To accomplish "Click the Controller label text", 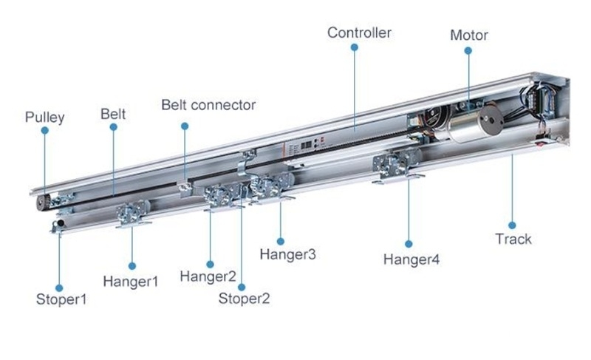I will (359, 33).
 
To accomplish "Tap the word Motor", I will (469, 35).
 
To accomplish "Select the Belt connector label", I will (208, 105).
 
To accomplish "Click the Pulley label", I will (45, 118).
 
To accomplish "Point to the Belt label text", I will (113, 114).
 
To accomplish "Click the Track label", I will (513, 240).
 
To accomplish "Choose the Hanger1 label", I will (131, 281).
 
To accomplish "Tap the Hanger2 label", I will (208, 277).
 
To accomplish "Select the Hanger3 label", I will (287, 254).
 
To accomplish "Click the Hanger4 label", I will (411, 259).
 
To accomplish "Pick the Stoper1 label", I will (61, 299).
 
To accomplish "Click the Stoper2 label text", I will (244, 299).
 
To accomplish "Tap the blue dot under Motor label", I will (468, 50).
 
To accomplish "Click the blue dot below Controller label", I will (354, 47).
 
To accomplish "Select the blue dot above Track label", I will (511, 225).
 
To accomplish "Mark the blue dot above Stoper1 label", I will (59, 288).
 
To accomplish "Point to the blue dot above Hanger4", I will (409, 243).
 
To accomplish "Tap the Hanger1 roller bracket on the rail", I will (133, 214).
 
